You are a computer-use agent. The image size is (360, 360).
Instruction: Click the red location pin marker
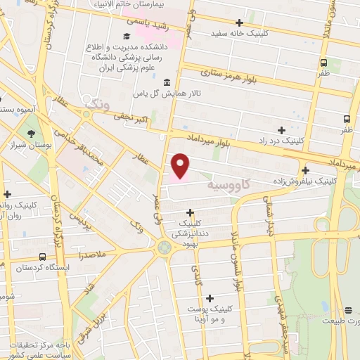coord(181,165)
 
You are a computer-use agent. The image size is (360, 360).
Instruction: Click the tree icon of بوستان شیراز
coord(31,134)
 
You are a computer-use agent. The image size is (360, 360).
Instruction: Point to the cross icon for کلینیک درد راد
coord(281,130)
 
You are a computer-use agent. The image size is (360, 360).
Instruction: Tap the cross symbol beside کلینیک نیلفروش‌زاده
coord(305,169)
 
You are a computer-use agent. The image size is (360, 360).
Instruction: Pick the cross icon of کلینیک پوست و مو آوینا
coord(210,298)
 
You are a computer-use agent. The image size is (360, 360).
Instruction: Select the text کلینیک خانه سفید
coord(243,33)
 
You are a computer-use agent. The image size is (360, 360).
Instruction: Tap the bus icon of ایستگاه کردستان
coord(43,257)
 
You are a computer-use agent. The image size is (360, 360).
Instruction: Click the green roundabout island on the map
coord(165,247)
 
